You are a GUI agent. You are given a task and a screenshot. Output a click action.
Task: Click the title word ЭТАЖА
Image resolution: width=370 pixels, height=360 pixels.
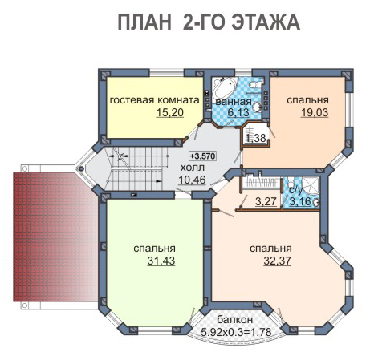tap(266, 22)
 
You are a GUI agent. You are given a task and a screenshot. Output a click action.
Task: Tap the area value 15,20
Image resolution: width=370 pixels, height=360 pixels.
tap(170, 112)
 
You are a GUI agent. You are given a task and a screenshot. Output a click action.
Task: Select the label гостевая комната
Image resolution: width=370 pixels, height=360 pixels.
tap(155, 100)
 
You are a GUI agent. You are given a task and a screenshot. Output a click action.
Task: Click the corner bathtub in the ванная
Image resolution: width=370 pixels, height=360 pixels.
tap(225, 87)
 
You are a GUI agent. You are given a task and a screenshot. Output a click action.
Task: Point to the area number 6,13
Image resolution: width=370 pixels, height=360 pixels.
tap(238, 112)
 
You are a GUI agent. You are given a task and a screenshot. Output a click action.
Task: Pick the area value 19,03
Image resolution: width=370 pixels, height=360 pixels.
tap(315, 112)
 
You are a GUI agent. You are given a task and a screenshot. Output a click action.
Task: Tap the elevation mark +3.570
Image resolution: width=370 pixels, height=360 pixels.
tap(202, 156)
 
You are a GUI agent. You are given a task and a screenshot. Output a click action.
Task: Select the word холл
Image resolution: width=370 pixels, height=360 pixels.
tap(193, 168)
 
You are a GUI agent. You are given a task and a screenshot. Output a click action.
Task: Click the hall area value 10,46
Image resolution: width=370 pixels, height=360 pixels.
tap(192, 180)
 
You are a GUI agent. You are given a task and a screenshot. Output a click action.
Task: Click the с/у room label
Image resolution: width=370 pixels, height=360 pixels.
tap(295, 190)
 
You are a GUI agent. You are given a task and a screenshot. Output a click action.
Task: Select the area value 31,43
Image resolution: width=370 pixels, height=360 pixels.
tap(161, 261)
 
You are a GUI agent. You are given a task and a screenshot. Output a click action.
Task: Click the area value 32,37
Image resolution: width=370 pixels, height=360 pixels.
tap(277, 261)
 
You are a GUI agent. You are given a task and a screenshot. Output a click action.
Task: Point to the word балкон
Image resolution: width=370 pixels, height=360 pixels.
tap(234, 319)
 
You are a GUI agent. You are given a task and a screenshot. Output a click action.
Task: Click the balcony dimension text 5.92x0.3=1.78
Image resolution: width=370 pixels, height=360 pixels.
tap(236, 332)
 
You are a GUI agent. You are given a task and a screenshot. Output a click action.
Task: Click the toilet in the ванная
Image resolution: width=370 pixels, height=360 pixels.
tap(255, 84)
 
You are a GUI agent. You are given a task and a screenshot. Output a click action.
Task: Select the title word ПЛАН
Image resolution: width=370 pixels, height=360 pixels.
tap(144, 22)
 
